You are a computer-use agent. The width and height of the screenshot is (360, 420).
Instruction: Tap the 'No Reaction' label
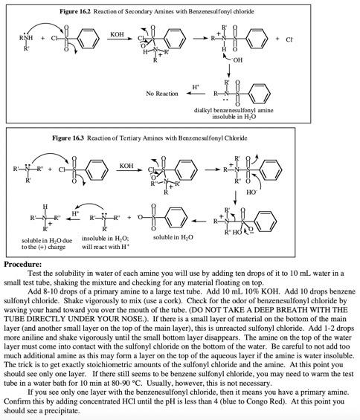coord(161,94)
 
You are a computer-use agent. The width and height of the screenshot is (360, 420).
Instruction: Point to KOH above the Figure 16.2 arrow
coord(116,33)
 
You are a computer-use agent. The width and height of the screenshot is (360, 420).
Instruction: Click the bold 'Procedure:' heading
coord(22,264)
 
